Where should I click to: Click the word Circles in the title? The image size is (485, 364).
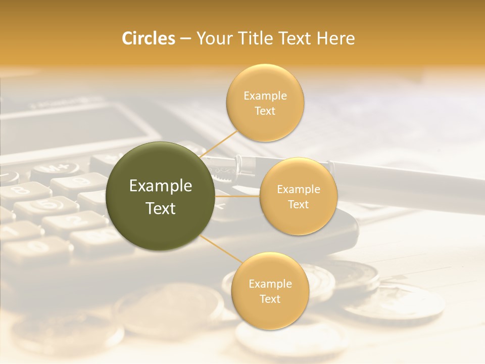pyautogui.click(x=148, y=38)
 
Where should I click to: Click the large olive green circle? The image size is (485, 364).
pyautogui.click(x=161, y=197)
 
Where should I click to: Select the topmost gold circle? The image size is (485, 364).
pyautogui.click(x=265, y=103)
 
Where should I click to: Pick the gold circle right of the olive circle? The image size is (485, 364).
pyautogui.click(x=298, y=197)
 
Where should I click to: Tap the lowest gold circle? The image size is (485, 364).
pyautogui.click(x=270, y=291)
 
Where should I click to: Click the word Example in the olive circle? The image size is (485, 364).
pyautogui.click(x=161, y=186)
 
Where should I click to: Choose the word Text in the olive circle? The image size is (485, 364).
pyautogui.click(x=161, y=208)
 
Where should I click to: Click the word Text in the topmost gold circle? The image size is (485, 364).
pyautogui.click(x=265, y=111)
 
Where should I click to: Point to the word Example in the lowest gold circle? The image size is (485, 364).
pyautogui.click(x=270, y=284)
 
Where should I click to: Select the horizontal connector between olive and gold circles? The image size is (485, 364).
pyautogui.click(x=237, y=196)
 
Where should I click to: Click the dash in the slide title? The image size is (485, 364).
pyautogui.click(x=185, y=39)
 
